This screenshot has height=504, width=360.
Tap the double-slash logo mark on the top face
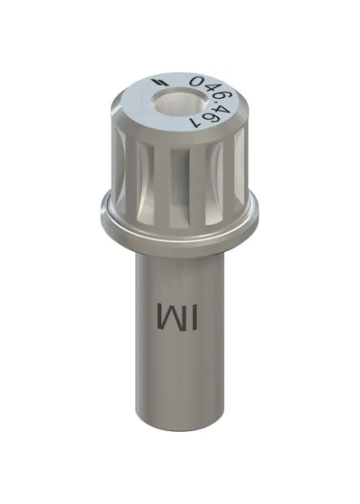(x=159, y=82)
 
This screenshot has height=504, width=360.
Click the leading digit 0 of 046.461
(x=198, y=81)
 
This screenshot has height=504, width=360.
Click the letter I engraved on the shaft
(x=193, y=317)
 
